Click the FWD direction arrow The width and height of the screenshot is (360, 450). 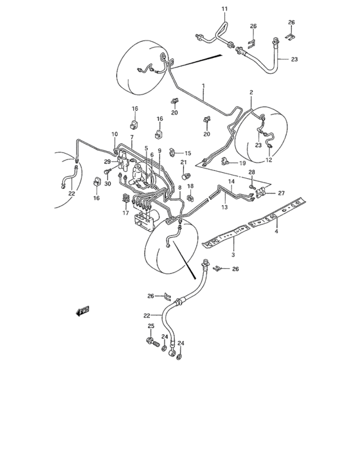pos(83,311)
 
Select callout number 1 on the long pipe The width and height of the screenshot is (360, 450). pos(203,85)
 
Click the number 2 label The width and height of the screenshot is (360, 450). pos(251,93)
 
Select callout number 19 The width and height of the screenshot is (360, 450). pos(242,163)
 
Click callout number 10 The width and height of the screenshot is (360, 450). pos(115,134)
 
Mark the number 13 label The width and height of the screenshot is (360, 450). pos(225,208)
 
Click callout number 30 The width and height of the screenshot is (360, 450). pos(107,184)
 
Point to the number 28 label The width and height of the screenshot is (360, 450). pos(252,174)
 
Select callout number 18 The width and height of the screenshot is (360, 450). pos(190,186)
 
